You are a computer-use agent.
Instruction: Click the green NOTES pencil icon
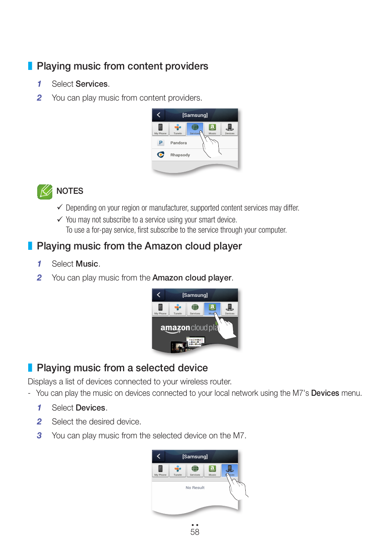click(x=45, y=191)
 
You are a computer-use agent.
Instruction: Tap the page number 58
click(x=195, y=532)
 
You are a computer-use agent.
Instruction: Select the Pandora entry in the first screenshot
click(x=178, y=143)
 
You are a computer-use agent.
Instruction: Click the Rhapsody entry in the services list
click(x=180, y=155)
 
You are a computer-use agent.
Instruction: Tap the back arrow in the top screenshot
click(x=159, y=115)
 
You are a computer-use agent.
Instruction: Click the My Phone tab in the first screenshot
click(x=160, y=129)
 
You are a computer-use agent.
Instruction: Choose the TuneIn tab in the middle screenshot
click(x=177, y=309)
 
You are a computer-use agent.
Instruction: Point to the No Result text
click(x=195, y=487)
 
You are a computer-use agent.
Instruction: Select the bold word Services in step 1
click(x=91, y=84)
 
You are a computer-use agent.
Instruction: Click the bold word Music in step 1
click(x=87, y=264)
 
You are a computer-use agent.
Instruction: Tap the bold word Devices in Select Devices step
click(x=90, y=408)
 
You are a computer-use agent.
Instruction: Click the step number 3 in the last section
click(x=39, y=435)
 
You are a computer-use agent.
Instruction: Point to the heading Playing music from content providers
click(x=122, y=66)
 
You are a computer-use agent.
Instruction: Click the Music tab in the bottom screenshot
click(x=212, y=471)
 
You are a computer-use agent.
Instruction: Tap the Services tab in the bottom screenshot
click(x=195, y=471)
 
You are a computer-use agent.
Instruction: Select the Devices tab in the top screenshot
click(x=230, y=129)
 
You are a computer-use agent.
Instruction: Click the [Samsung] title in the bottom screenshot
click(x=195, y=456)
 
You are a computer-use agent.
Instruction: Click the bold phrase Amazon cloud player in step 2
click(x=192, y=278)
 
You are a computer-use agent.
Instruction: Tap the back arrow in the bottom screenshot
click(x=159, y=456)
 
